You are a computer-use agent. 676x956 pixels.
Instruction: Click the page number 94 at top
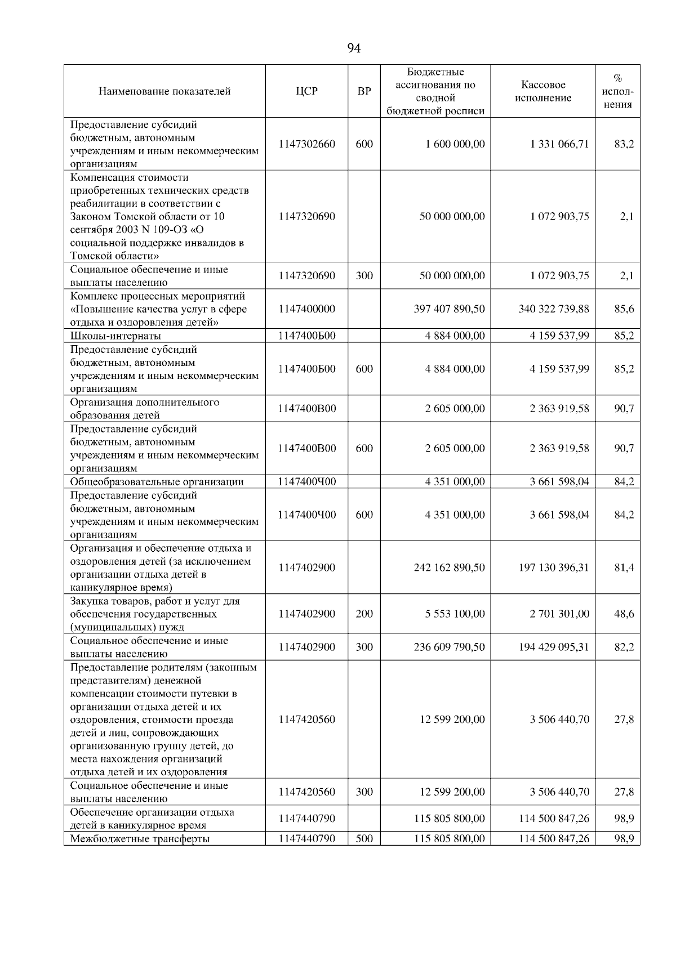click(x=354, y=48)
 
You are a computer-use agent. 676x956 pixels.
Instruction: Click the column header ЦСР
click(x=306, y=91)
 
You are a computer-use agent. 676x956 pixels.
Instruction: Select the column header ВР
click(x=364, y=91)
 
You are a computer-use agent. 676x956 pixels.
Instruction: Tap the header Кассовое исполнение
click(x=543, y=91)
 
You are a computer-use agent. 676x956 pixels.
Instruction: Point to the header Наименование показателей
click(x=164, y=91)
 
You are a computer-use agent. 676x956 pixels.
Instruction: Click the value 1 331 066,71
click(x=559, y=144)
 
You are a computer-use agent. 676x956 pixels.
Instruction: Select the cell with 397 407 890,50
click(x=449, y=309)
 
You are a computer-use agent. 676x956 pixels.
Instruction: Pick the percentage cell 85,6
click(x=624, y=309)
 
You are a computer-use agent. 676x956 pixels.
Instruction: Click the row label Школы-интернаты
click(x=115, y=336)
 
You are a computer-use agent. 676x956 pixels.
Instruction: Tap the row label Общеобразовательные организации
click(x=157, y=482)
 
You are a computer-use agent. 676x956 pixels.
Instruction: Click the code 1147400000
click(x=306, y=309)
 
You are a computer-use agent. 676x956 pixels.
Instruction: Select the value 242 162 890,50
click(x=449, y=568)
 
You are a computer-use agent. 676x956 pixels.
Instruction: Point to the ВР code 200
click(x=364, y=614)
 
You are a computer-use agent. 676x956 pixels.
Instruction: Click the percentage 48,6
click(x=624, y=614)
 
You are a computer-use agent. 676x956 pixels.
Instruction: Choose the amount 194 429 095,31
click(x=554, y=647)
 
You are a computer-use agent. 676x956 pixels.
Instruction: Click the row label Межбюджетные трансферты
click(x=140, y=839)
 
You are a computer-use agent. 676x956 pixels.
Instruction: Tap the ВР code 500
click(x=364, y=839)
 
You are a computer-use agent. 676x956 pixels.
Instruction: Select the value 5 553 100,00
click(x=455, y=614)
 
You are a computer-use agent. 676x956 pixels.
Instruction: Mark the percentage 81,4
click(x=624, y=568)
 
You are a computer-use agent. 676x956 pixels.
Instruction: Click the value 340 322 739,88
click(x=554, y=309)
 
